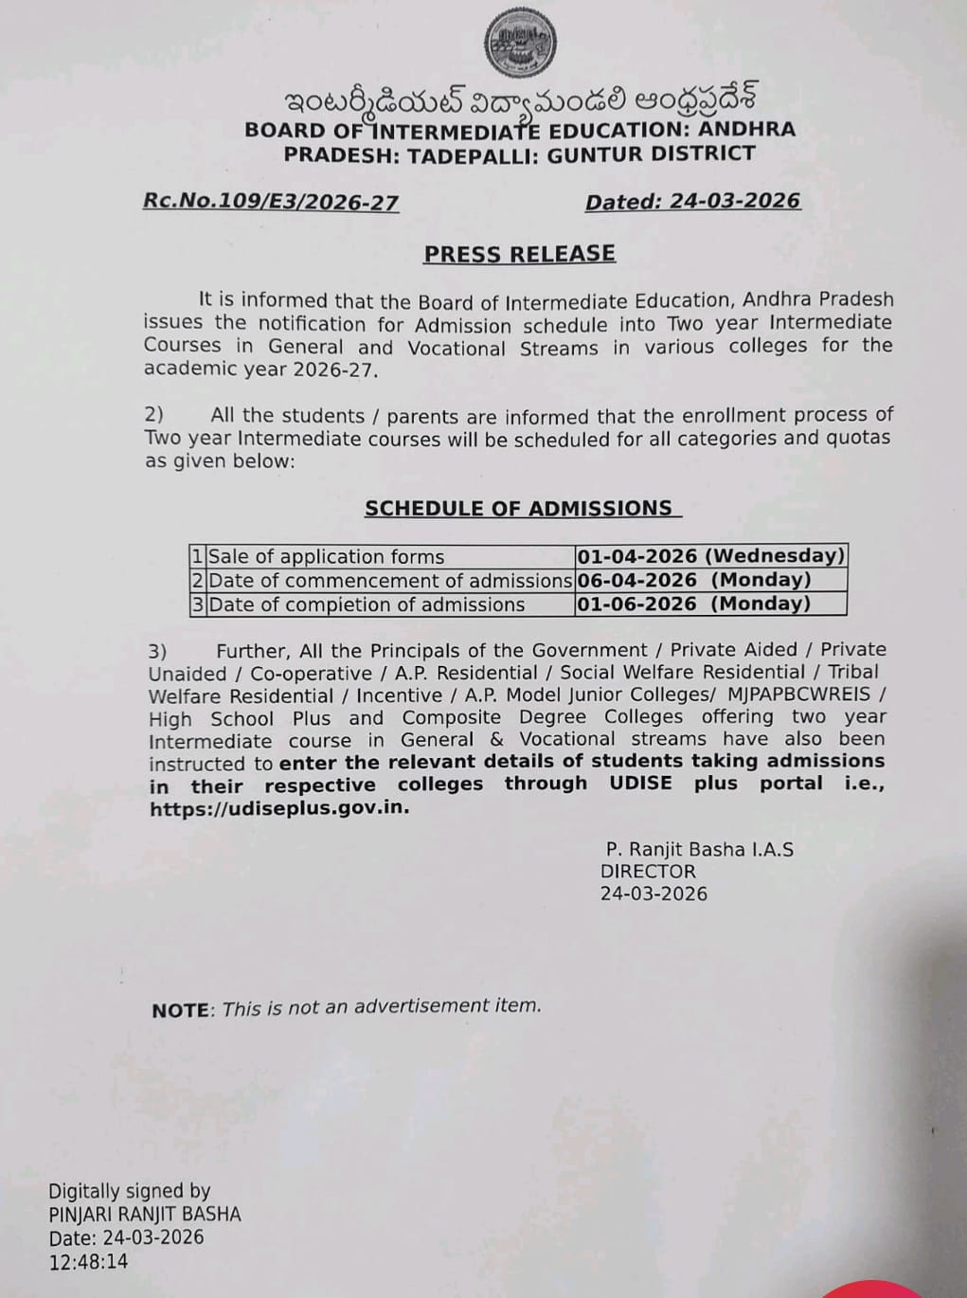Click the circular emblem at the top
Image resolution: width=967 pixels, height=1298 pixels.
[520, 43]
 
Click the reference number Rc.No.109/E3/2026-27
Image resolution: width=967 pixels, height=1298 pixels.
[271, 202]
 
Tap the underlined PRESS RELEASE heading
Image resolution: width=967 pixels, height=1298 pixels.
[519, 254]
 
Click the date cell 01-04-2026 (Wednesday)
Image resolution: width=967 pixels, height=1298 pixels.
[710, 556]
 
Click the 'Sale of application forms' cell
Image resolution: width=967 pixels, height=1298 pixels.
[327, 557]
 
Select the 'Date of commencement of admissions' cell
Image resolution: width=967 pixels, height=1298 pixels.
[389, 581]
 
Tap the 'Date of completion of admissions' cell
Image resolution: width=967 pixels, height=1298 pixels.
[367, 604]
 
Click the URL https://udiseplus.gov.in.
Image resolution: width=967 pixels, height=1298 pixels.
[279, 809]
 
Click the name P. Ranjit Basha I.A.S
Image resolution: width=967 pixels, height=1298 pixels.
[700, 849]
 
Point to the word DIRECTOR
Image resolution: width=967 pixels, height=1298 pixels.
[648, 872]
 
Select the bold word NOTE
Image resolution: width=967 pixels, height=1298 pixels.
[180, 1011]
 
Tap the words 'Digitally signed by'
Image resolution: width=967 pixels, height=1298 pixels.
[129, 1191]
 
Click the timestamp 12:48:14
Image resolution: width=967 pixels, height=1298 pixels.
[88, 1261]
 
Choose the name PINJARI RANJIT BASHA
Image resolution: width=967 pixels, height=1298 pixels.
[145, 1214]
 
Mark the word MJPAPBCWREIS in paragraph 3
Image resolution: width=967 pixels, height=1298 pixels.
[798, 694]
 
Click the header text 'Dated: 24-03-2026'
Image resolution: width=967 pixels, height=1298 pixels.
[692, 202]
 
